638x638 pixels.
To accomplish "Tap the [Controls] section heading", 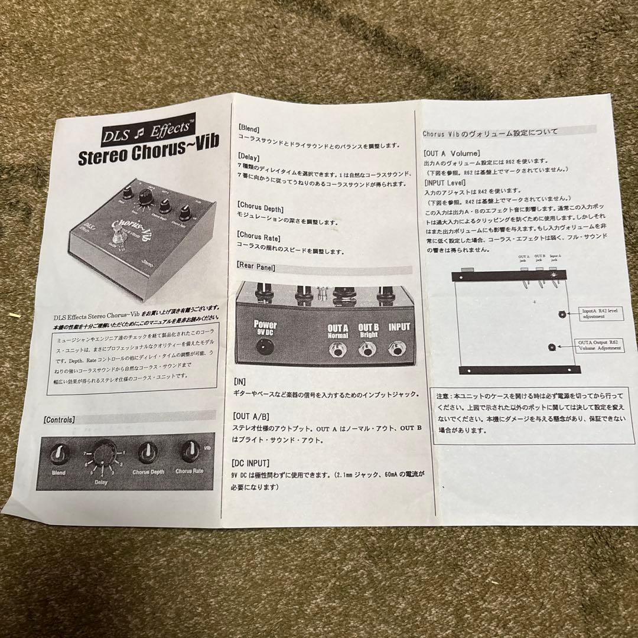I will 59,420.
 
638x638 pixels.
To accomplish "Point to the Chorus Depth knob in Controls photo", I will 148,453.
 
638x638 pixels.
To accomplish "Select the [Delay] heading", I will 249,156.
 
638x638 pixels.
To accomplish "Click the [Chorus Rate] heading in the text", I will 259,237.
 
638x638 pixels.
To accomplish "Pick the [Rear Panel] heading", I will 256,266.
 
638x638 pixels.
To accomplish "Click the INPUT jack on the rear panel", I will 398,351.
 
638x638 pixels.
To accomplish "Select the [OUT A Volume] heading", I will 452,153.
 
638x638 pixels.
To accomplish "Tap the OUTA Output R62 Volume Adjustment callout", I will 599,345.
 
